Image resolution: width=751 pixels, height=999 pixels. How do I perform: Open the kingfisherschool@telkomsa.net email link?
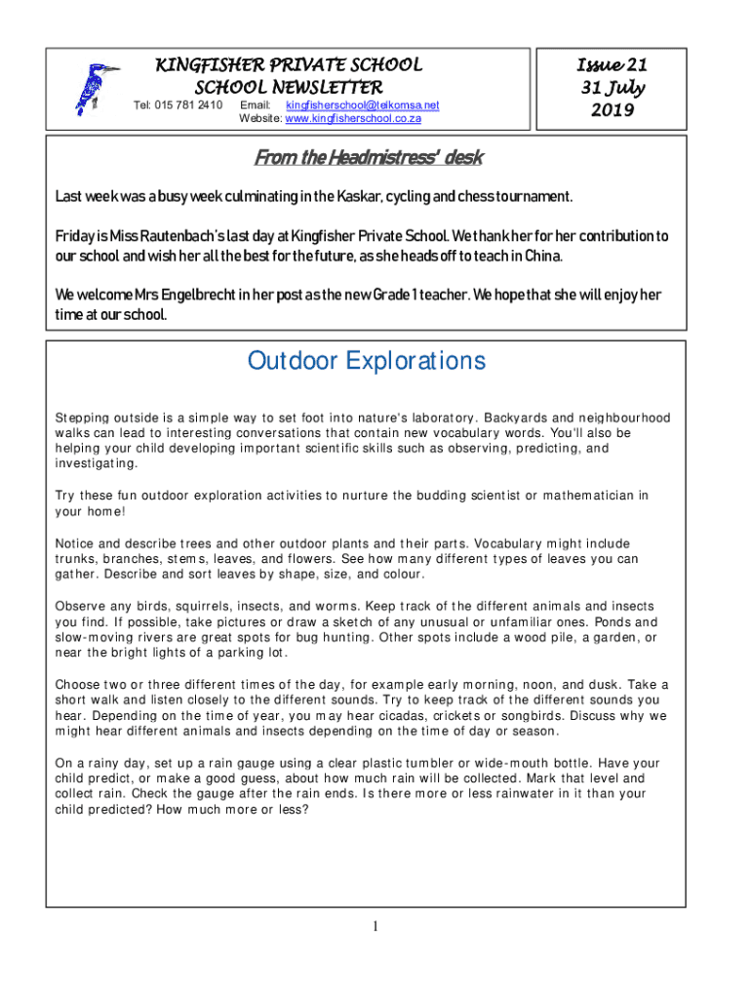tap(362, 105)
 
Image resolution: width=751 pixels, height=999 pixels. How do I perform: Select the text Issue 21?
tap(612, 65)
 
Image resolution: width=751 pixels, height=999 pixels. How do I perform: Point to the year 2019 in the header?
tap(612, 110)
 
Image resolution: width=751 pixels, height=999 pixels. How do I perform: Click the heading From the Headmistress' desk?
tap(369, 158)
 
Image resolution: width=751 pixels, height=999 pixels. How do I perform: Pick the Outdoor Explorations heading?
tap(367, 361)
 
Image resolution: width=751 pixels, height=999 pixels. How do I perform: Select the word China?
tap(542, 257)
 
